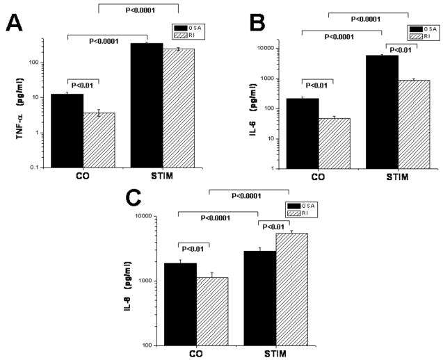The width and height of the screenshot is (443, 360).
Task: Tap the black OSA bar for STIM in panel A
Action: (x=146, y=105)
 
